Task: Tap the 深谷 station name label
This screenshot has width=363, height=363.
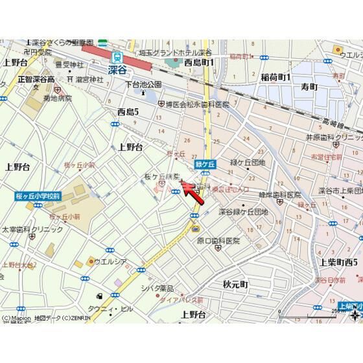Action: (117, 69)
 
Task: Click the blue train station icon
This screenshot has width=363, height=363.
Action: (117, 56)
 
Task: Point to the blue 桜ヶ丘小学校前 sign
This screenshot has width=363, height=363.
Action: (38, 195)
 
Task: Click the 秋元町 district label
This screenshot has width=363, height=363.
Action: (235, 284)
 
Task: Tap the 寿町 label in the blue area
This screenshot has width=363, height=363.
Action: (309, 86)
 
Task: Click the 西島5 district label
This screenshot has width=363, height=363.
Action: (128, 111)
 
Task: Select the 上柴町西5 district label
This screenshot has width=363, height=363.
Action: (339, 261)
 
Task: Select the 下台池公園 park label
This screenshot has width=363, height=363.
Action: (143, 84)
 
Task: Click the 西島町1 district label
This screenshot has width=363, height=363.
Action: (199, 62)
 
